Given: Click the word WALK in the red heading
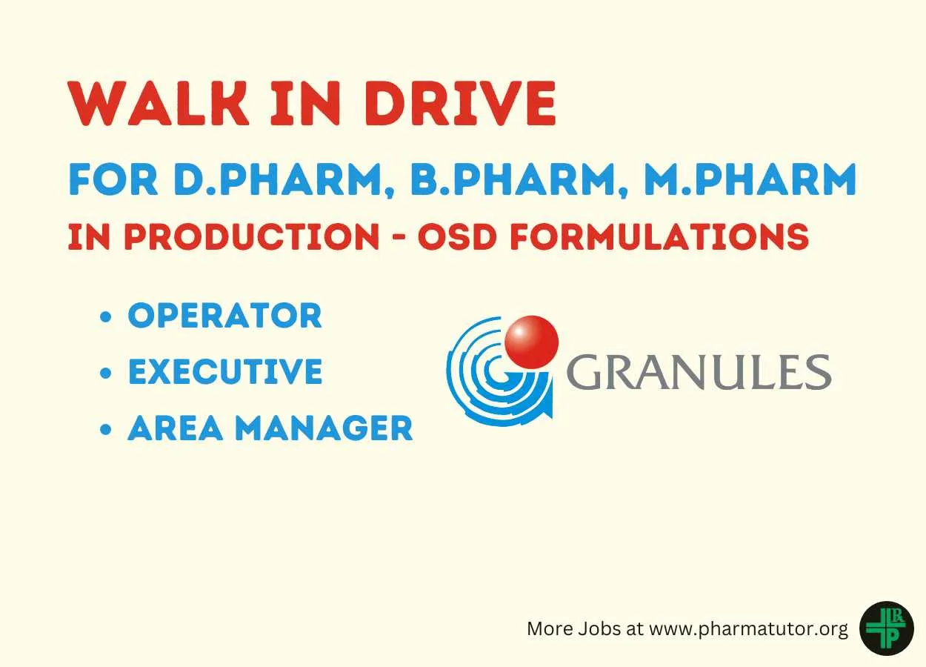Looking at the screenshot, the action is coord(159,103).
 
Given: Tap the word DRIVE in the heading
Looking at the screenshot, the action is coord(460,103).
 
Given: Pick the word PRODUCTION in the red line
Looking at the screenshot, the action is coord(252,236).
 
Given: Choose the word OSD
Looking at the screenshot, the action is coord(457,236).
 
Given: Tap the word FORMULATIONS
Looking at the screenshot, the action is coord(660,236).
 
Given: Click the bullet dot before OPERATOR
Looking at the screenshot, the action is coord(106,316).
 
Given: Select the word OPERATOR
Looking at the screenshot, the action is coord(225,316).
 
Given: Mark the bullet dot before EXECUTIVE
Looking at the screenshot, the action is coord(106,373).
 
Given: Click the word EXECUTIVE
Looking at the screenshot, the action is coord(226,371).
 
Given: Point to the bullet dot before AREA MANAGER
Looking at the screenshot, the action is coord(106,429).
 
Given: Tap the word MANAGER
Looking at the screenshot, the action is coord(324,428).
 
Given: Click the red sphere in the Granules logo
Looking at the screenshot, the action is coord(532,342).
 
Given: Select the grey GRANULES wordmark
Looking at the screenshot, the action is coord(699,372).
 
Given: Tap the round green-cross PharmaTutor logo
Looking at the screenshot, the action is coord(887,628).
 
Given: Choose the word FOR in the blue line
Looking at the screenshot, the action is coord(113,179).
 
